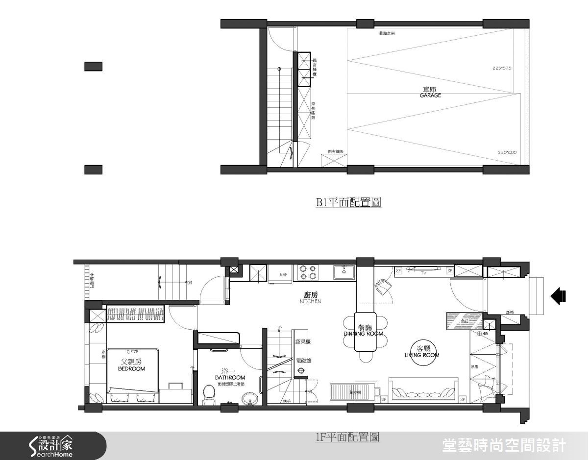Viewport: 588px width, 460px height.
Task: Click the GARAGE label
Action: point(430,95)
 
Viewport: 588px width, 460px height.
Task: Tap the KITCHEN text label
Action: point(311,302)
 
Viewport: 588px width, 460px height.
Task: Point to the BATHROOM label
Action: point(230,378)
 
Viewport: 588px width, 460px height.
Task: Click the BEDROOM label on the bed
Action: point(131,368)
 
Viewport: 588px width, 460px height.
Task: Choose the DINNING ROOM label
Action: point(363,334)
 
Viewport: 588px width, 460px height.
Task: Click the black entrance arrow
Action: point(558,296)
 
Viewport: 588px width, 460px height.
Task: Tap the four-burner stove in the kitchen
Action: point(306,272)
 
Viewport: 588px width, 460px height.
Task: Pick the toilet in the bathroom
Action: point(209,394)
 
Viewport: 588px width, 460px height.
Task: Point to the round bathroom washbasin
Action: point(251,399)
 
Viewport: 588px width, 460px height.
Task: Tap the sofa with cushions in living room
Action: point(423,389)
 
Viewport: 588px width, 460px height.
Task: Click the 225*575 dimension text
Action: point(502,68)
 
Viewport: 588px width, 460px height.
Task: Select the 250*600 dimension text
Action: point(507,152)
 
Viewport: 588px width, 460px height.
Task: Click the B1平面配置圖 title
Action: point(348,202)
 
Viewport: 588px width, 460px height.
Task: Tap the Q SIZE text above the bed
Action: point(132,351)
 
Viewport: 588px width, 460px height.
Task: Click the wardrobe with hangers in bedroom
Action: point(135,314)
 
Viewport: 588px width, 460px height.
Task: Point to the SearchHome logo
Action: point(51,446)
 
